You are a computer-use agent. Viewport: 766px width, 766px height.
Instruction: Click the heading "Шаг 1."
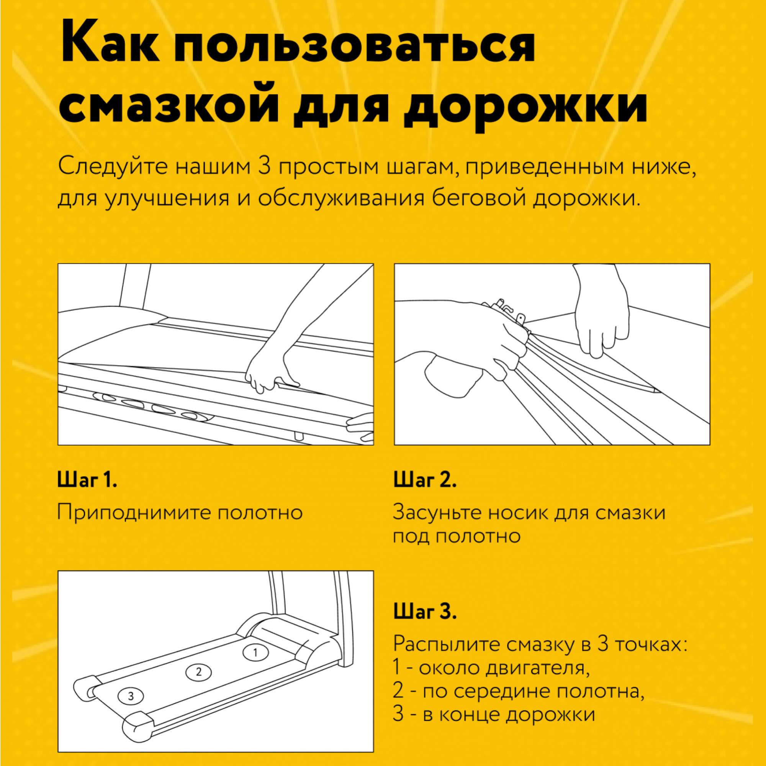point(87,480)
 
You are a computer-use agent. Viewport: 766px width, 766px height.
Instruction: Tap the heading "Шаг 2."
point(425,480)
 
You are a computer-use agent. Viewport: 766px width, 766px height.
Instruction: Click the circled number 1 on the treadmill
point(255,652)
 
